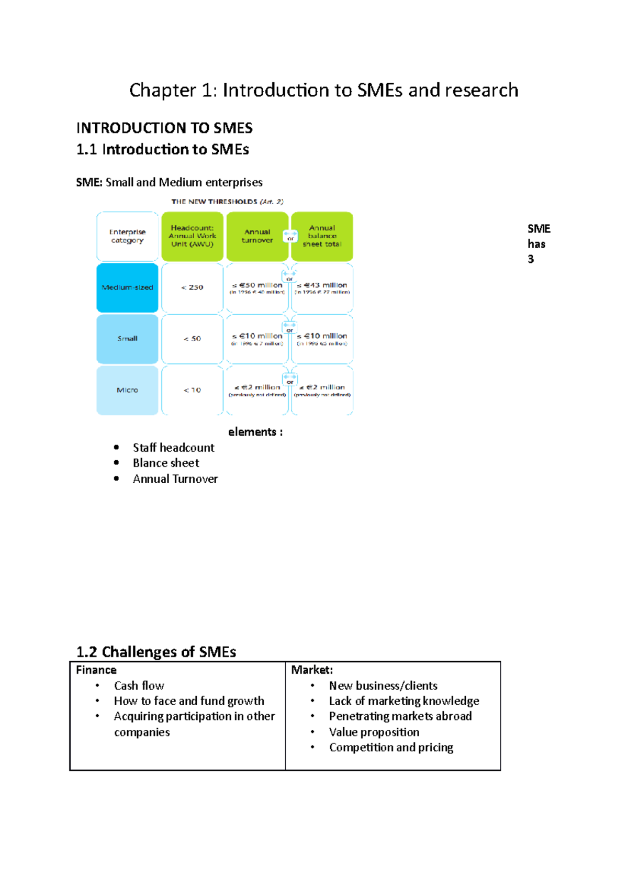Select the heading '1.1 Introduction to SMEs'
162,150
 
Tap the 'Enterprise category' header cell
127,236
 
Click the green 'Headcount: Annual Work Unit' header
192,236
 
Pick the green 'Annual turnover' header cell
257,236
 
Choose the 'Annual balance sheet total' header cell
322,236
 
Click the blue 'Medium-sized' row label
127,287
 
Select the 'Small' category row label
127,339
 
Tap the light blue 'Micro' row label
127,390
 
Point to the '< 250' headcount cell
192,287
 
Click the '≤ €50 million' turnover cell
257,287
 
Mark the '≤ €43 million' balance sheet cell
322,287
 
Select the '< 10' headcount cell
192,390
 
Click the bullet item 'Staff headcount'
173,448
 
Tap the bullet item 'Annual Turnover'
175,479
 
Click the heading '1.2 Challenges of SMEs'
156,652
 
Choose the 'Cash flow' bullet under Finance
139,686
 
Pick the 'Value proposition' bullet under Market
374,732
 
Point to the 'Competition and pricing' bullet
391,748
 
